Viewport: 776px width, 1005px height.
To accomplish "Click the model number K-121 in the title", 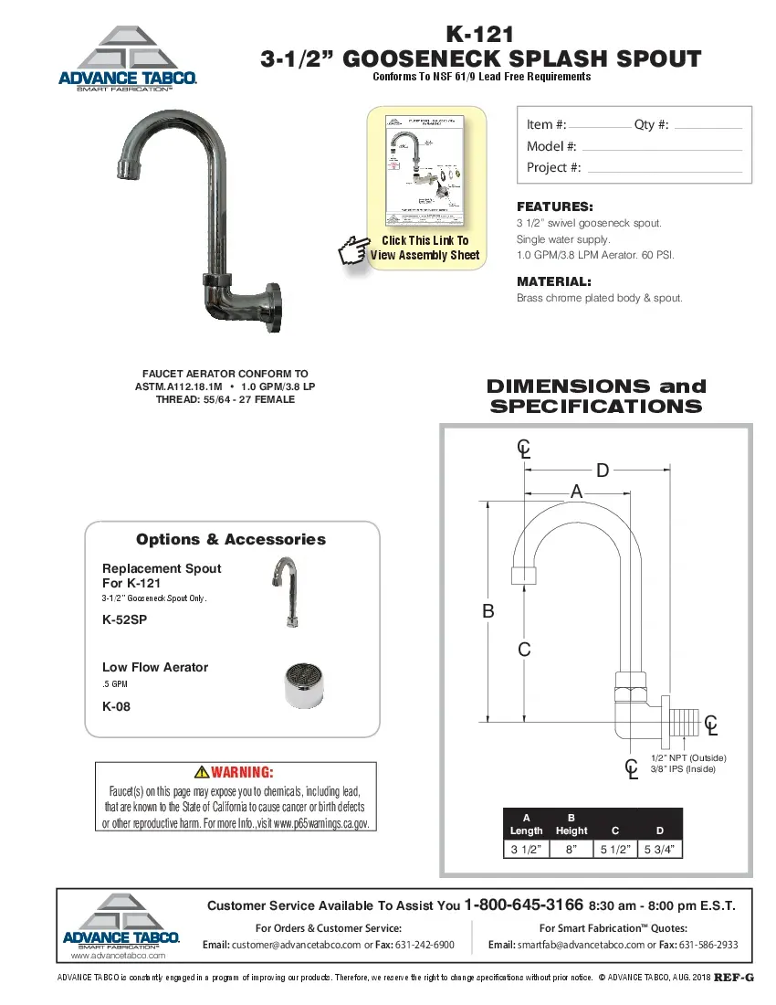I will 481,35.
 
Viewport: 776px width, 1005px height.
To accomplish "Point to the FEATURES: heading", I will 555,206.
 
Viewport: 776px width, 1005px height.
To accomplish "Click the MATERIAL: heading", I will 554,281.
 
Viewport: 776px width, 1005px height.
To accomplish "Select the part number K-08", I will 116,706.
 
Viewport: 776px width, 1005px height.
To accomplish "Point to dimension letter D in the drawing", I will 603,471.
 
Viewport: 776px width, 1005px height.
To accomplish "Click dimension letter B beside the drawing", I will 488,611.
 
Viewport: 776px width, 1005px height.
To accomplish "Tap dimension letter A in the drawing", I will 576,492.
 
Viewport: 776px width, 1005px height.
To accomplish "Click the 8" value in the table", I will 572,850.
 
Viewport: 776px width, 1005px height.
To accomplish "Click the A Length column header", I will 526,824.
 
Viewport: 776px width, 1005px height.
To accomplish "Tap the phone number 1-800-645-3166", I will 524,905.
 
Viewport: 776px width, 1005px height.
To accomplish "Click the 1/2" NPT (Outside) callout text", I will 687,758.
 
